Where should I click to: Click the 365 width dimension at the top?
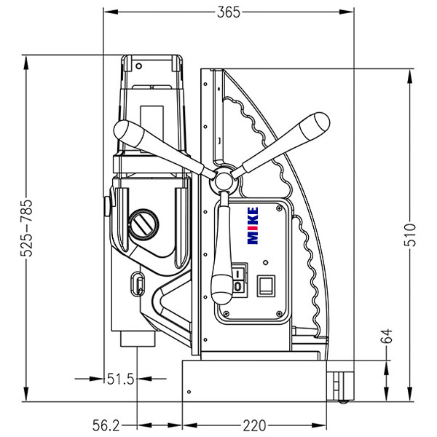(228, 12)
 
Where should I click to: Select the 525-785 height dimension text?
(26, 230)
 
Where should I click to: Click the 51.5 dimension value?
(120, 379)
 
